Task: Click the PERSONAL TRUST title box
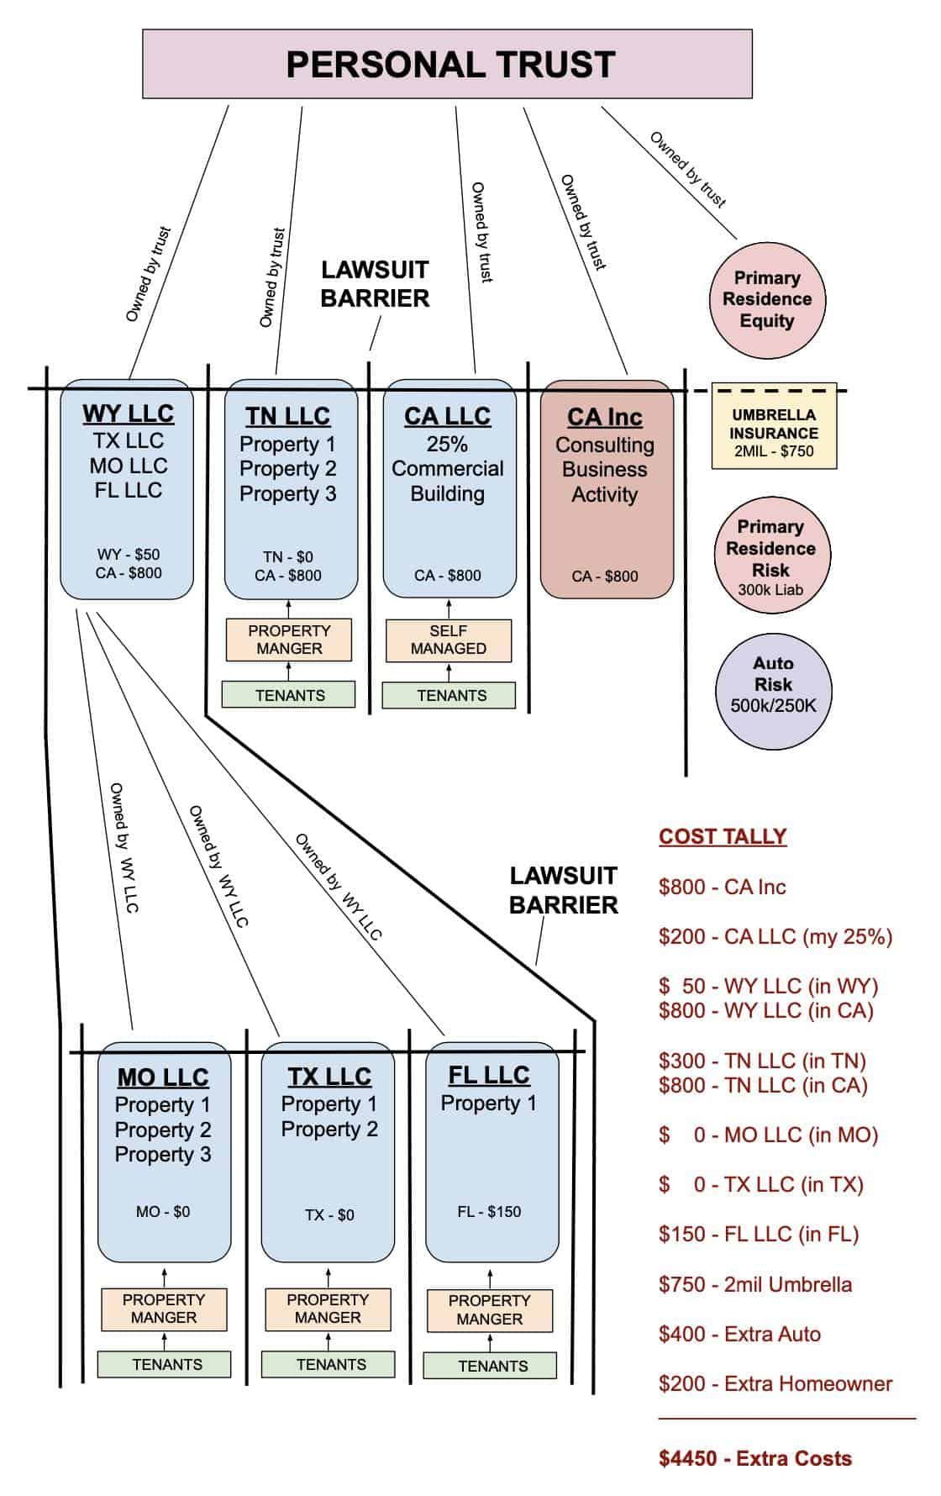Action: click(447, 65)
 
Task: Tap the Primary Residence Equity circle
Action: click(766, 299)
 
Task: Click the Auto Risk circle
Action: click(773, 684)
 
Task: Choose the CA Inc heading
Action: click(605, 417)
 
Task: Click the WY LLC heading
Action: click(128, 414)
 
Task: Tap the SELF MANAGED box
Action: click(448, 640)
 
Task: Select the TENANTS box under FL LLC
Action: click(493, 1366)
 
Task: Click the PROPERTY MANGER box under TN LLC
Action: click(289, 640)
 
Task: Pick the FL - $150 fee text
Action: click(489, 1211)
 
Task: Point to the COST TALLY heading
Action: click(723, 836)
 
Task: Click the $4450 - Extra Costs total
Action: click(754, 1458)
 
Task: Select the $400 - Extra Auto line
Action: click(739, 1334)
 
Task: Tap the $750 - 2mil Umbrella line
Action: click(755, 1284)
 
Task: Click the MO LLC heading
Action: click(163, 1077)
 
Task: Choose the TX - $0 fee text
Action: click(329, 1214)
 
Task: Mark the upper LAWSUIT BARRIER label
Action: click(375, 284)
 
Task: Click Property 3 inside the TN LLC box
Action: click(287, 493)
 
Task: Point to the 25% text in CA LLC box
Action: click(447, 444)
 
